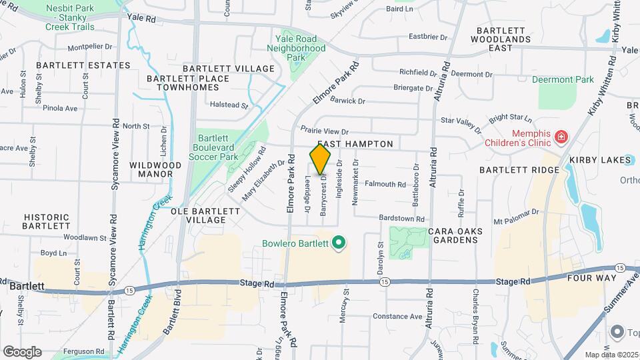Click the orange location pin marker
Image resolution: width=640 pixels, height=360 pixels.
321,159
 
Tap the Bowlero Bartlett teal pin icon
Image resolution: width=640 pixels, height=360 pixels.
338,243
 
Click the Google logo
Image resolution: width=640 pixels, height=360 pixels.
22,352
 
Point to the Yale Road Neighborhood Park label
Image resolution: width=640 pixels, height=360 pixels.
296,48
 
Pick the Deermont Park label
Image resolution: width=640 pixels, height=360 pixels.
563,80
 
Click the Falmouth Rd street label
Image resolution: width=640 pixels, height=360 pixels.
386,184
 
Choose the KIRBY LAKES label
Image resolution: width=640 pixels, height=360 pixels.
599,160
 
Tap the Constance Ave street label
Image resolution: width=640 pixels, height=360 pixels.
397,316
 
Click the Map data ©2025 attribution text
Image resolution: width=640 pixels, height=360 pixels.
612,355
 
